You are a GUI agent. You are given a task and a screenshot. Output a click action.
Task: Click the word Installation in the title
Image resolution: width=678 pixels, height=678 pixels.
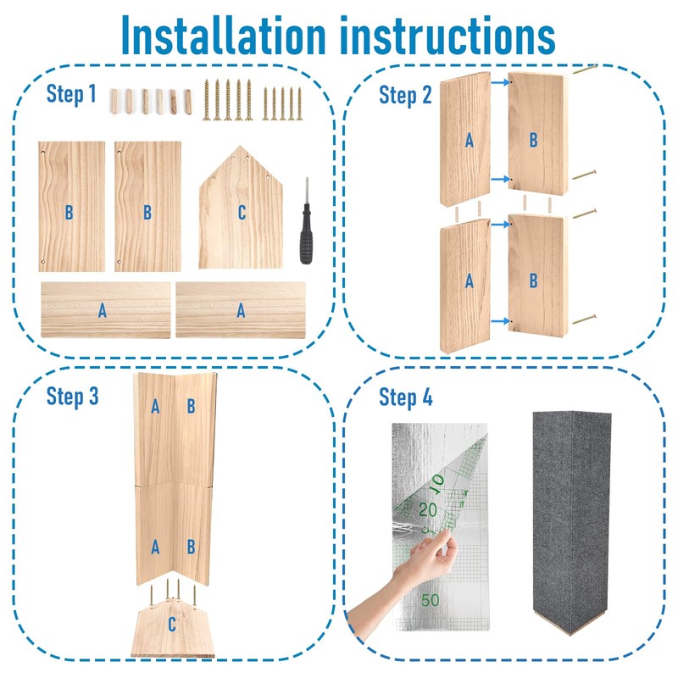pyautogui.click(x=222, y=36)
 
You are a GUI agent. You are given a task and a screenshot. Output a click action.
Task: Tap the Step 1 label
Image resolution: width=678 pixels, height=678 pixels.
pyautogui.click(x=71, y=94)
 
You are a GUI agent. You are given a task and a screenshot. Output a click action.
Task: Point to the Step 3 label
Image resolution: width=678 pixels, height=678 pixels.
pyautogui.click(x=72, y=396)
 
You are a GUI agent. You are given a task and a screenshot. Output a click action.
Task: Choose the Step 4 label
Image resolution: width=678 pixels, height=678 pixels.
pyautogui.click(x=405, y=396)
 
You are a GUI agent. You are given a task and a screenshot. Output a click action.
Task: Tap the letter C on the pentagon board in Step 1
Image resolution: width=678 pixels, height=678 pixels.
pyautogui.click(x=242, y=213)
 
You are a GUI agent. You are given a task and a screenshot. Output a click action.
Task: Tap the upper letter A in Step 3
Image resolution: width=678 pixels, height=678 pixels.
pyautogui.click(x=155, y=407)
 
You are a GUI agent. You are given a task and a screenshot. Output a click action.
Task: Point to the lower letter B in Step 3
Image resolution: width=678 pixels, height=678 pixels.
pyautogui.click(x=192, y=547)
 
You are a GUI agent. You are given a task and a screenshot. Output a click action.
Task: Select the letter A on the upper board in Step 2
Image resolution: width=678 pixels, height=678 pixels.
pyautogui.click(x=469, y=141)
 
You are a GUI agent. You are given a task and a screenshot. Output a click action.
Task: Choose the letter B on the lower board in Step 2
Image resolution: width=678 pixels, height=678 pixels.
pyautogui.click(x=533, y=281)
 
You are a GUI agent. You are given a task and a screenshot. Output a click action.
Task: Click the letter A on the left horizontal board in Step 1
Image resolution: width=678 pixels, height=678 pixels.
pyautogui.click(x=103, y=311)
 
